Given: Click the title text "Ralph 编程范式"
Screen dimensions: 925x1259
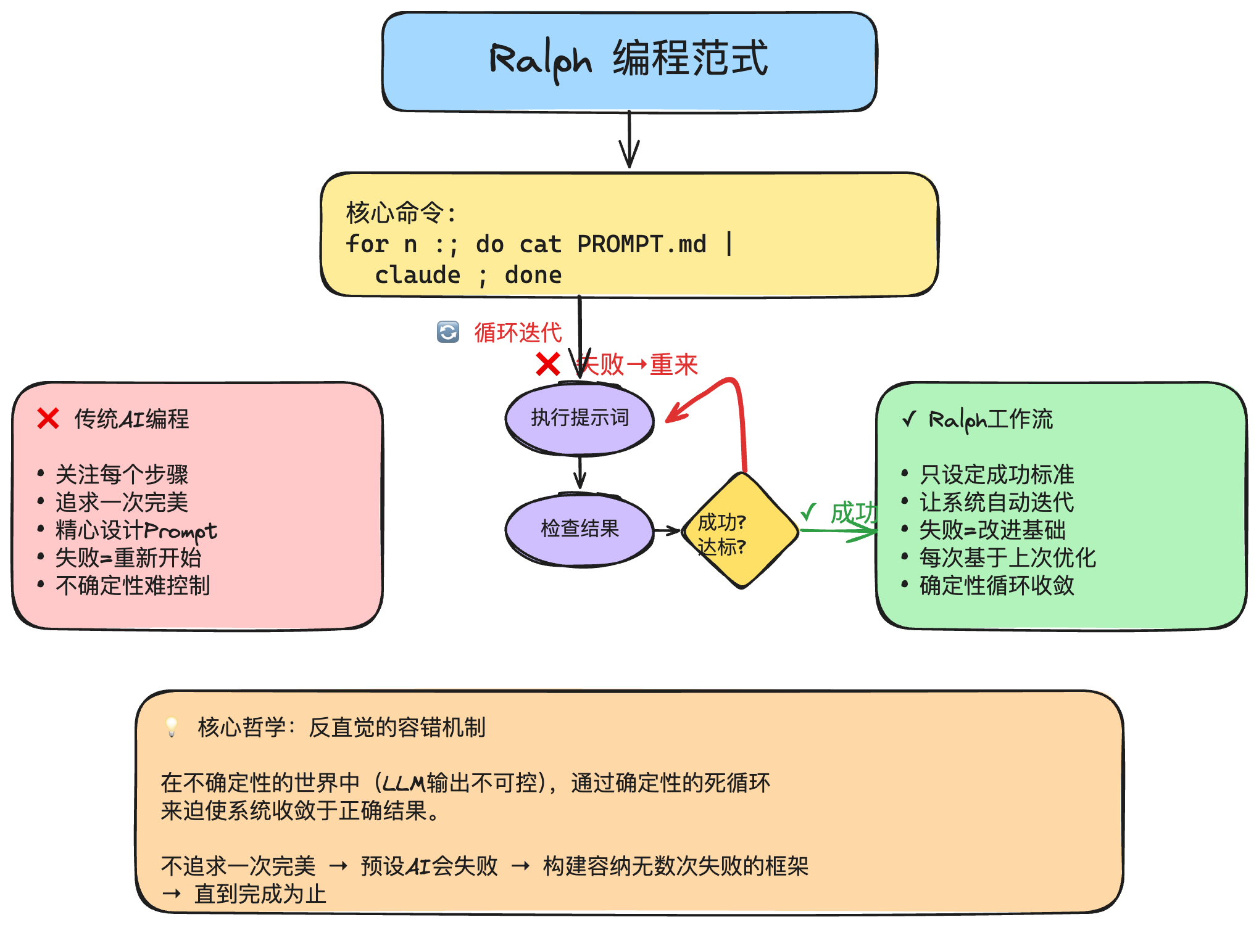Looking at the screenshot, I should [x=628, y=60].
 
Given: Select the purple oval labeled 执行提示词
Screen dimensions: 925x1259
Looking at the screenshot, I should [x=579, y=419].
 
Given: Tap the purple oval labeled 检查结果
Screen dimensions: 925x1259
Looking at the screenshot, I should [x=579, y=529].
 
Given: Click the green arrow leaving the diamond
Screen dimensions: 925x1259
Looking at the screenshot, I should [x=839, y=530].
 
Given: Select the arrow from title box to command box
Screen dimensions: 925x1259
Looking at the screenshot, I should [x=629, y=139].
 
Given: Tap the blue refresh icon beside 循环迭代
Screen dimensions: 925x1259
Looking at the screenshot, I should [x=448, y=332].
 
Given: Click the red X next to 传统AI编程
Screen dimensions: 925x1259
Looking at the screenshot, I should [x=48, y=419].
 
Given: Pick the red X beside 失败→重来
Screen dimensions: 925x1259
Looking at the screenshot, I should [x=547, y=364].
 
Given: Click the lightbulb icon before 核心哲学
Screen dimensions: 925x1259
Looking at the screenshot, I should [x=172, y=726].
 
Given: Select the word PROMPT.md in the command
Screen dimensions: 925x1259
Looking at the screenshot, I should [x=641, y=244].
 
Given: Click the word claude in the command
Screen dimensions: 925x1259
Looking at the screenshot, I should [x=417, y=276].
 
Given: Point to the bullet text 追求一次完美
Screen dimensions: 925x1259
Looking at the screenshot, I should [x=122, y=503].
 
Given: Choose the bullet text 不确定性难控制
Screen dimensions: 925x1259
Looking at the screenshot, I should [x=133, y=586].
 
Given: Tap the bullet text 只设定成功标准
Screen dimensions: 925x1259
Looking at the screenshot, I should [x=996, y=475].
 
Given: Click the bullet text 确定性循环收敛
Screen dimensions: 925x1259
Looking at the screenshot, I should [x=996, y=586].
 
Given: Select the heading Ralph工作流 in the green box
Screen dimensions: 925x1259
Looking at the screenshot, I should [x=990, y=419].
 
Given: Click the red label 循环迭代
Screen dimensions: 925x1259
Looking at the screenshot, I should [x=518, y=333].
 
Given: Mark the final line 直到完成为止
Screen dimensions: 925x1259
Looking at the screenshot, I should [x=260, y=894].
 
